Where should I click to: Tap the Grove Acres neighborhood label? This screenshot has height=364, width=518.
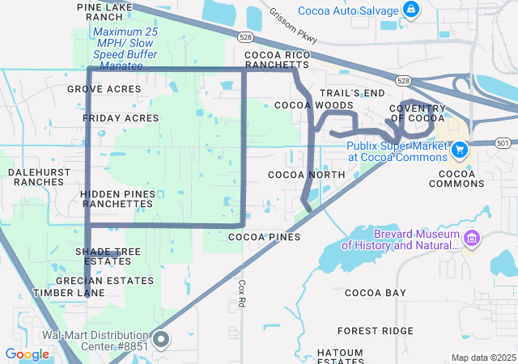pos(104,88)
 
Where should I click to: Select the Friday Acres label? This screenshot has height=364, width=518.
pos(121,118)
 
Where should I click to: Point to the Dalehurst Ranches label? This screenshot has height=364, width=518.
pos(36,177)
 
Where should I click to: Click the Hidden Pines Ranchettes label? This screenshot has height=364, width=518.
pos(117,199)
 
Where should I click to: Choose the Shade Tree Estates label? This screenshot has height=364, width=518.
pos(108,256)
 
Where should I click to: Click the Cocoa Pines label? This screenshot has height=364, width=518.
pos(265,237)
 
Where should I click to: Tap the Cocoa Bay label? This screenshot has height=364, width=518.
pos(376,292)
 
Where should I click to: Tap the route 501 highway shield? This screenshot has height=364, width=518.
pos(503,143)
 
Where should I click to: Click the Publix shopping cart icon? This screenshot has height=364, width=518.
pos(460,150)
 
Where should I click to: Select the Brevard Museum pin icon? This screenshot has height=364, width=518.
pos(473,238)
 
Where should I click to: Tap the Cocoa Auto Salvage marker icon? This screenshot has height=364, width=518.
pos(412,11)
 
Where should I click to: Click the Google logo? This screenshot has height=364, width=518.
pos(28,354)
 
